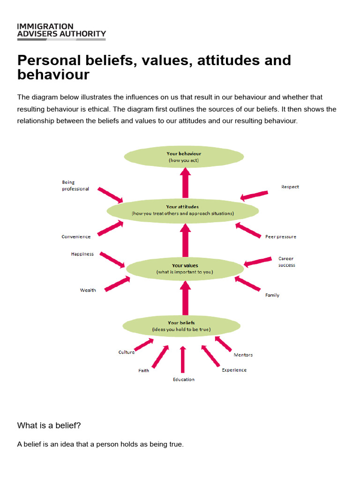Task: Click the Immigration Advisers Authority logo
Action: point(61,30)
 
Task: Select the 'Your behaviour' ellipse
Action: point(184,157)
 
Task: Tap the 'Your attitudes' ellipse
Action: point(182,210)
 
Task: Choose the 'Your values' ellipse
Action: point(185,269)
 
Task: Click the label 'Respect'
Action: point(290,187)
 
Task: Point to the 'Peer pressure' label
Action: point(280,237)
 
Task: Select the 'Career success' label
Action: point(286,262)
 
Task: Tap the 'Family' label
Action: point(272,295)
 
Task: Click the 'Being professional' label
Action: point(75,185)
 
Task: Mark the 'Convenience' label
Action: point(76,237)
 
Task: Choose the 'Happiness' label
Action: point(82,254)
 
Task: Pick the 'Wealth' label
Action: point(88,290)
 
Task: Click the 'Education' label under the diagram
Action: point(183,379)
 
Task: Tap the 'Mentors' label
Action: point(243,355)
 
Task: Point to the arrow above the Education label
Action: point(183,360)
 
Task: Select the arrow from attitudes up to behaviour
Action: point(185,183)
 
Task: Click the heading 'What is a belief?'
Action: point(49,426)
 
